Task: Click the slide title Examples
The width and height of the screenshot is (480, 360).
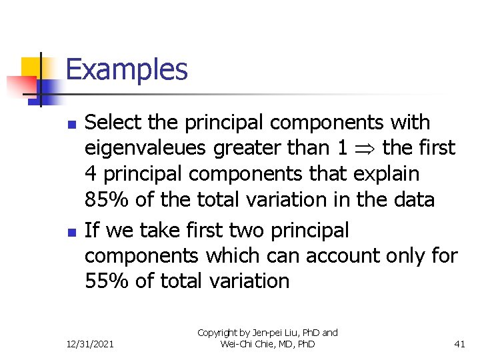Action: click(x=127, y=69)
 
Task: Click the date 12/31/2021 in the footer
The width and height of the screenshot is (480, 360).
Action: click(x=90, y=344)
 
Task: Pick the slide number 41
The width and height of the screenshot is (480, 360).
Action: click(x=459, y=344)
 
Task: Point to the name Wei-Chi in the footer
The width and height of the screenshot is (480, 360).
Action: click(x=235, y=344)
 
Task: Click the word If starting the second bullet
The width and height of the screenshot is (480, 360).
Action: click(x=92, y=230)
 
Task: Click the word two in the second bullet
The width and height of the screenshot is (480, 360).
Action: click(x=246, y=230)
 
